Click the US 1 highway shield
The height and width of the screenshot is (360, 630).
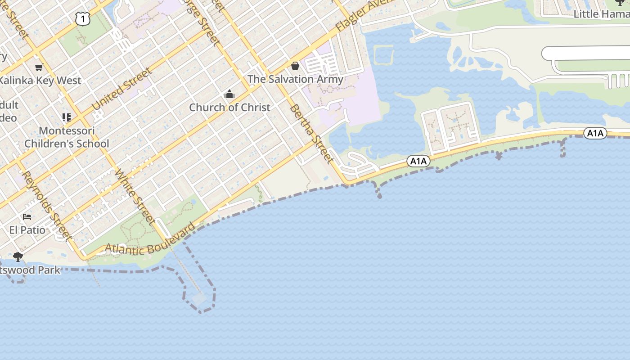point(83,18)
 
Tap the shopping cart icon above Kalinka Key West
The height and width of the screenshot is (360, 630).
point(39,67)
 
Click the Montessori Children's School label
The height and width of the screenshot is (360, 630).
point(67,137)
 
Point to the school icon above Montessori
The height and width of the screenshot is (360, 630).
point(67,117)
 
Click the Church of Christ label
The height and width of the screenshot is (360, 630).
point(229,107)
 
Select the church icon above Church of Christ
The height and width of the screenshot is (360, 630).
point(229,94)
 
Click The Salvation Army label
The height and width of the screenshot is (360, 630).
point(295,79)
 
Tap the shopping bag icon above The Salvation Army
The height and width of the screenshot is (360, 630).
point(295,66)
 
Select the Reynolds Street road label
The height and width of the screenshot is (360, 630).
point(47,205)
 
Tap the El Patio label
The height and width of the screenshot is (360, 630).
point(27,230)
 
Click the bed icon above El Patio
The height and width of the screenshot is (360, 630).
point(27,217)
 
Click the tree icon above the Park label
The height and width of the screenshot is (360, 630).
point(18,257)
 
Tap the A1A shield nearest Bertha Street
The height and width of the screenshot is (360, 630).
point(418,161)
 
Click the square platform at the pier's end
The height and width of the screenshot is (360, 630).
point(199,298)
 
